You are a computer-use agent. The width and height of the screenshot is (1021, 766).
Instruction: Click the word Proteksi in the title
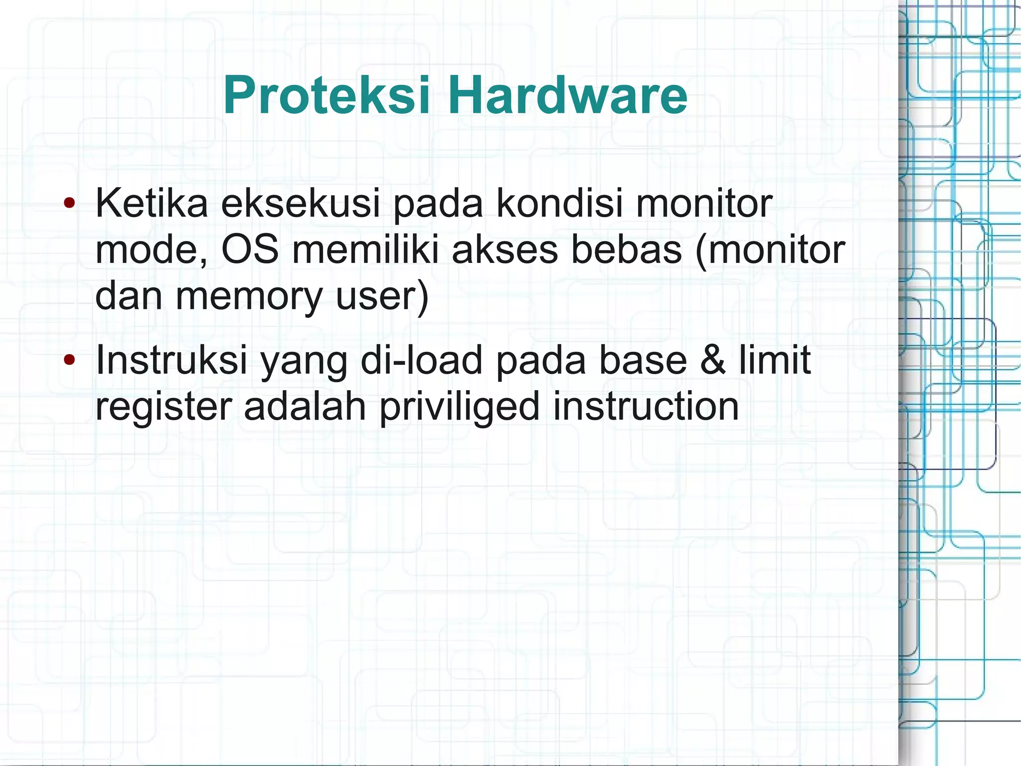(327, 95)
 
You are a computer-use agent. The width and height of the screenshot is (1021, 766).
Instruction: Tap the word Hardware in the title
(567, 95)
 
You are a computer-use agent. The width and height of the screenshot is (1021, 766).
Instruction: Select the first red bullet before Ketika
(69, 203)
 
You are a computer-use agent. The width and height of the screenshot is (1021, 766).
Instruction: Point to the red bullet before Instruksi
(69, 359)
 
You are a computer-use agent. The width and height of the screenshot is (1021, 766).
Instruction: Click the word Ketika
(152, 203)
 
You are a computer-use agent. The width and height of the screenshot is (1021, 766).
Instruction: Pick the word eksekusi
(301, 203)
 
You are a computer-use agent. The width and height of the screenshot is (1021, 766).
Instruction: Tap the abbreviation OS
(250, 249)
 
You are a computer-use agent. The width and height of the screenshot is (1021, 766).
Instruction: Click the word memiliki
(365, 249)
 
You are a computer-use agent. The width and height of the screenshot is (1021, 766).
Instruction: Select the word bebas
(626, 249)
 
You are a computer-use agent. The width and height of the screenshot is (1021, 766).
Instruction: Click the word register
(164, 407)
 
